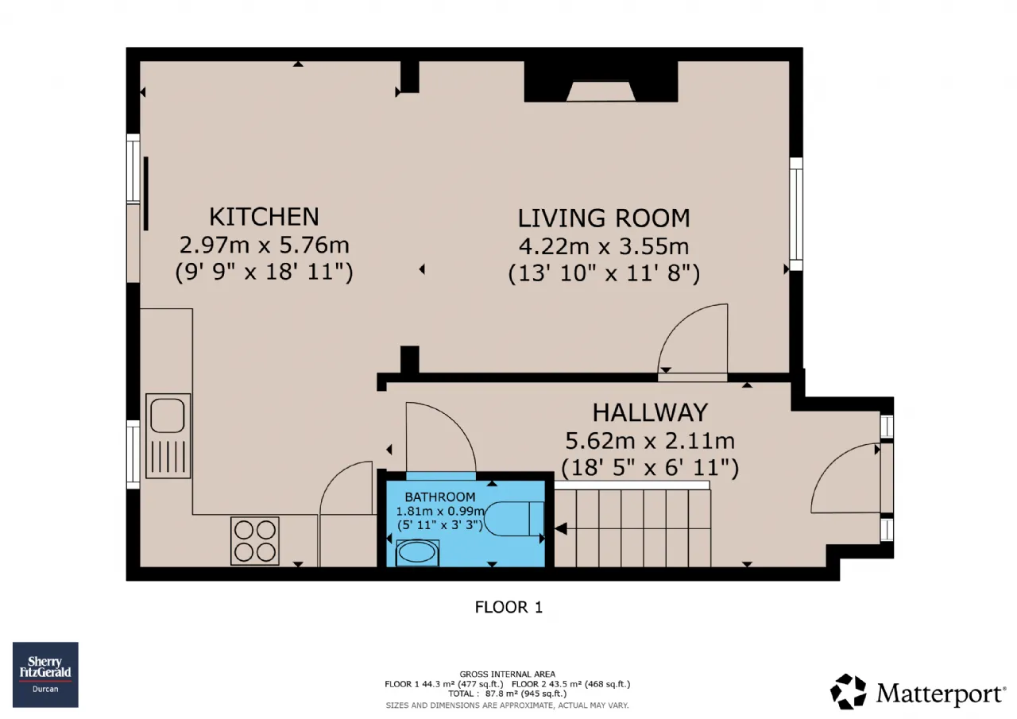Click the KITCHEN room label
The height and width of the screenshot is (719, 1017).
264,217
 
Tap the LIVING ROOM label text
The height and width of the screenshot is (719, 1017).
604,218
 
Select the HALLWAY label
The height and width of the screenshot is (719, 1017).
650,412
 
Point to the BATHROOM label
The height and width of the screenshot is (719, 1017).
440,497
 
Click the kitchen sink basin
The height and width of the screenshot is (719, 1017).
167,416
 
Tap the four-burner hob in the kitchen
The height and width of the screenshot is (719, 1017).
255,541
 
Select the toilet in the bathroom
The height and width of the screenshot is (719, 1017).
513,519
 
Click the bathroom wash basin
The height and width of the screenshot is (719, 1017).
417,553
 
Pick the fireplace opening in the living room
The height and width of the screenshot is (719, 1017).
601,91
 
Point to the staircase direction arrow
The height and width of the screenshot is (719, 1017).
561,529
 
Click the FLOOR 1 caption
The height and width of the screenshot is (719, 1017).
508,607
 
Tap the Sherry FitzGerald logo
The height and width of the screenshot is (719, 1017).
45,675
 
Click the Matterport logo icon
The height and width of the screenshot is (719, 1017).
848,691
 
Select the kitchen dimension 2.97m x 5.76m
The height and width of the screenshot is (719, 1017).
265,245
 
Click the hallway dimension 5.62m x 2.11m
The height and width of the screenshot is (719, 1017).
650,441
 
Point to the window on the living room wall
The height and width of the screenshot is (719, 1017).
796,215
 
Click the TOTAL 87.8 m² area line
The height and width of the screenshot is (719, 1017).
508,694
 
